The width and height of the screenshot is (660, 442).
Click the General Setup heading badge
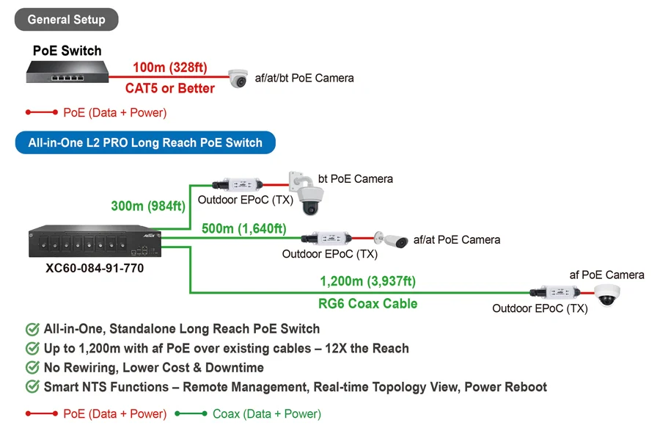click(67, 19)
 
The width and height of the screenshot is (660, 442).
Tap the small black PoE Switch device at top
click(67, 72)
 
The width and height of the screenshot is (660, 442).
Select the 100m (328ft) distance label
click(170, 68)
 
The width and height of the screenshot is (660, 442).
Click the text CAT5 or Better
click(170, 88)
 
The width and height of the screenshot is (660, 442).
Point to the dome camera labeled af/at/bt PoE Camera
click(238, 79)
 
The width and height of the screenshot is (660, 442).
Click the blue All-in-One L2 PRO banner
click(145, 142)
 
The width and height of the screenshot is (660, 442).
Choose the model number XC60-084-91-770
click(95, 268)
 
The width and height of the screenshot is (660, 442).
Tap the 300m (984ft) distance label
click(148, 206)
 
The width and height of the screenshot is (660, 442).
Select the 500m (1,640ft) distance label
click(244, 228)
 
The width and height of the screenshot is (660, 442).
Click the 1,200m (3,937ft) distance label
click(368, 281)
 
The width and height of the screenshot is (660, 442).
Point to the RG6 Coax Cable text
click(368, 303)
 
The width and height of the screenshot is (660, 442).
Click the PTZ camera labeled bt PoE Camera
click(307, 193)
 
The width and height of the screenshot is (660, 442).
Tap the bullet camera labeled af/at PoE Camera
click(392, 240)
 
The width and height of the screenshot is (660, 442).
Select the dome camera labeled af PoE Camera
click(607, 294)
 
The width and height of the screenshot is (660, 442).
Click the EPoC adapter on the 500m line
click(326, 239)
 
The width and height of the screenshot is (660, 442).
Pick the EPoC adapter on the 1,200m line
click(555, 292)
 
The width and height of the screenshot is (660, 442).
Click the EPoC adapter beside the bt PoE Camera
click(238, 184)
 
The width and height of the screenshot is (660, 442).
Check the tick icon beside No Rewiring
click(32, 367)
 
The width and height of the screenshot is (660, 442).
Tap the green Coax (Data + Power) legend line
click(191, 414)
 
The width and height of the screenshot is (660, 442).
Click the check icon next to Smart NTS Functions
click(32, 386)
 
